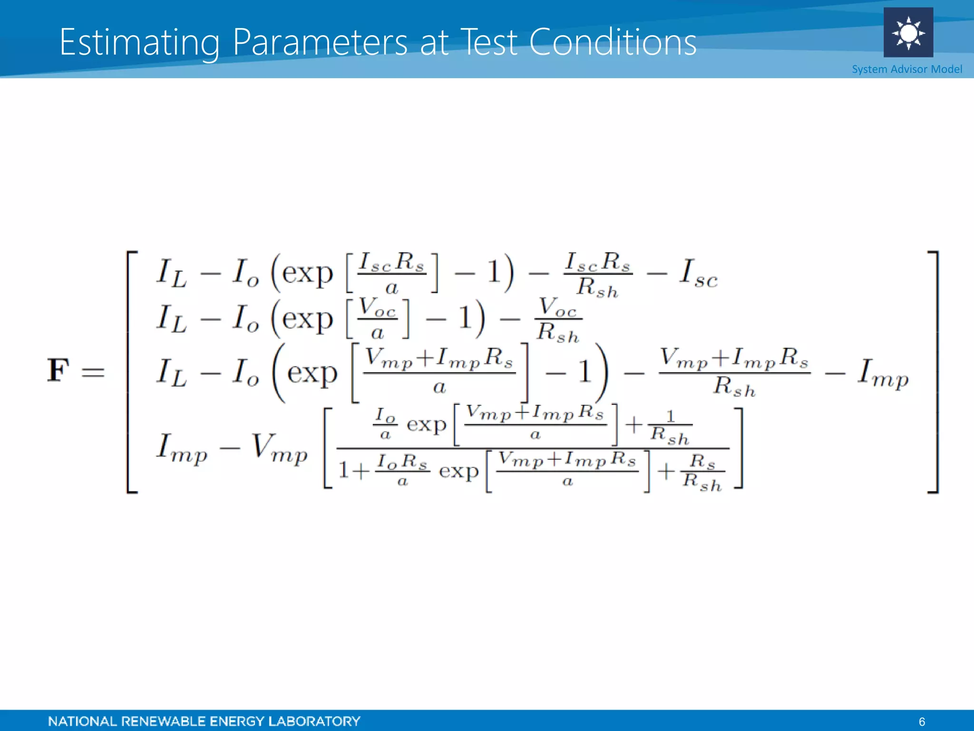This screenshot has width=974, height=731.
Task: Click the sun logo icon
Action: click(908, 33)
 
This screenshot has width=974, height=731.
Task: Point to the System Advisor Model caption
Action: click(906, 69)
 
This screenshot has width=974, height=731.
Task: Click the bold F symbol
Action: click(58, 371)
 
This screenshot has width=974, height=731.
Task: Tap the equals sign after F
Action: click(93, 372)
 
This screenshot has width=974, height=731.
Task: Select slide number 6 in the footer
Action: click(922, 721)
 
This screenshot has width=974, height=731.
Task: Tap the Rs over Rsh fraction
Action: click(702, 473)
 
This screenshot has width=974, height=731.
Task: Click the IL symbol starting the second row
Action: click(171, 319)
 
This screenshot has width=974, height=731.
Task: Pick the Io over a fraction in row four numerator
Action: click(385, 424)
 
